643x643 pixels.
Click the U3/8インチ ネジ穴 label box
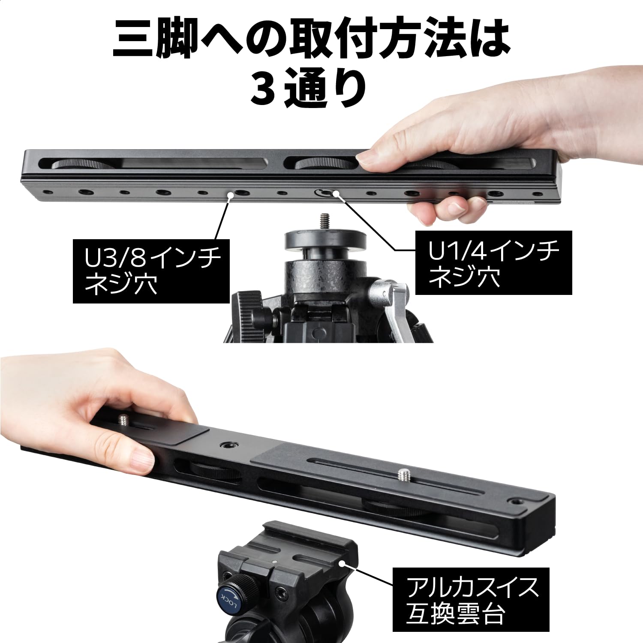click(151, 271)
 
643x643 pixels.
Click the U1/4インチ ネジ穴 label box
click(493, 262)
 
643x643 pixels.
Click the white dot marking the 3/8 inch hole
click(230, 195)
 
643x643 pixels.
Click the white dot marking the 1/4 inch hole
click(335, 194)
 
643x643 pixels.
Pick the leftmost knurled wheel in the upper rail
click(81, 165)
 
